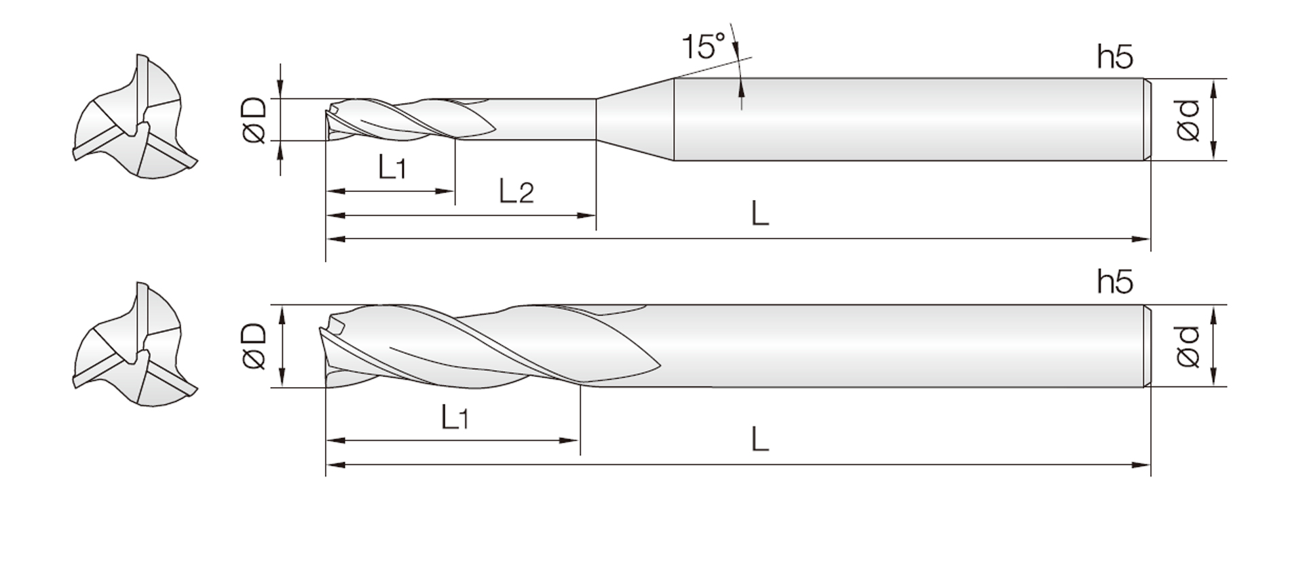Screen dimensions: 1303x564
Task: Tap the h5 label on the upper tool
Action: pyautogui.click(x=1115, y=58)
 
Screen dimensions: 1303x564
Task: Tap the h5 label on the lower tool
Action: pyautogui.click(x=1115, y=281)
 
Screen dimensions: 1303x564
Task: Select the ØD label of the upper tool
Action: pyautogui.click(x=254, y=120)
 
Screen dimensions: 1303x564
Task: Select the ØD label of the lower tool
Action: pyautogui.click(x=254, y=346)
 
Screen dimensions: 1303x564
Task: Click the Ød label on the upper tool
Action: pyautogui.click(x=1188, y=120)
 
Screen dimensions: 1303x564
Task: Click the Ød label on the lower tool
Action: pyautogui.click(x=1188, y=346)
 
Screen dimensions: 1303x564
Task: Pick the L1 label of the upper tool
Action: pyautogui.click(x=392, y=166)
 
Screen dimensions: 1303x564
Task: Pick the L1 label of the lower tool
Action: pyautogui.click(x=454, y=416)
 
